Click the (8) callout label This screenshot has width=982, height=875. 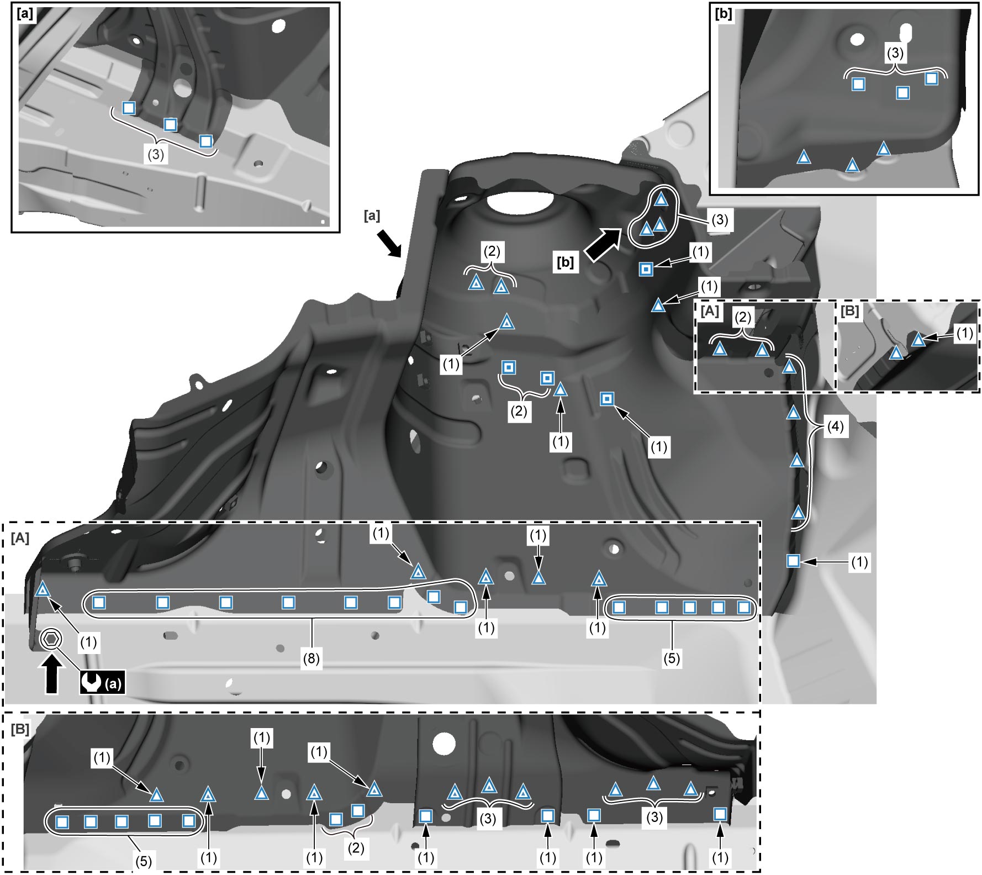(x=311, y=659)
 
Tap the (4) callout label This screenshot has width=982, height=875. (x=835, y=426)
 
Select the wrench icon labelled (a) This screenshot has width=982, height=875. (x=102, y=683)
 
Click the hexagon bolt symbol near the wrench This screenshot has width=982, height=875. (x=50, y=639)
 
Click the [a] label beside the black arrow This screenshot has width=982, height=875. (x=372, y=215)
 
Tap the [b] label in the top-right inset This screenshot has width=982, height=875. (x=724, y=14)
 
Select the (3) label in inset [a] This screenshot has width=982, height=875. (x=156, y=155)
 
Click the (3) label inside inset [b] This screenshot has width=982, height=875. (x=895, y=53)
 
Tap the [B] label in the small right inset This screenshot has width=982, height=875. (x=849, y=311)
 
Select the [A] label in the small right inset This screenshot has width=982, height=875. (x=710, y=311)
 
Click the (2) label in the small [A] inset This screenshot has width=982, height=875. (x=743, y=318)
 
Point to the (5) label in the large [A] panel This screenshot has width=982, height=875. (x=672, y=659)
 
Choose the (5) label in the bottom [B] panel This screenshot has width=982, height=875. (x=143, y=861)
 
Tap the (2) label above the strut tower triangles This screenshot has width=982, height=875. (x=492, y=252)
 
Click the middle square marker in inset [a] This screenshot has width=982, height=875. (x=170, y=125)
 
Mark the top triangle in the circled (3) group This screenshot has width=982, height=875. (x=661, y=199)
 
